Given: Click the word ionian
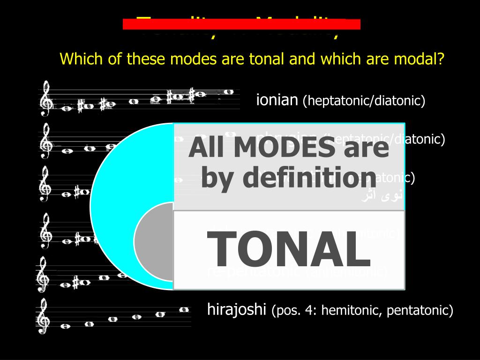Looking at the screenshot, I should [x=277, y=100].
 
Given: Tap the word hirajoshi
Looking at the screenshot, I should [x=237, y=309].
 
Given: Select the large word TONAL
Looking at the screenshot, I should [x=289, y=250].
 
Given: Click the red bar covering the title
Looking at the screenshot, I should [x=241, y=24].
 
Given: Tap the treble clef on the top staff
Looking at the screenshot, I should [x=45, y=98].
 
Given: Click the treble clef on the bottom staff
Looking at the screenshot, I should [x=43, y=317].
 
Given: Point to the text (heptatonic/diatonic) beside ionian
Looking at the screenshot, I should [x=364, y=101].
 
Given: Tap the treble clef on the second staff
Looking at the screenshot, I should [x=45, y=141].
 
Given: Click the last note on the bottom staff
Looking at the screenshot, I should [x=184, y=309].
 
